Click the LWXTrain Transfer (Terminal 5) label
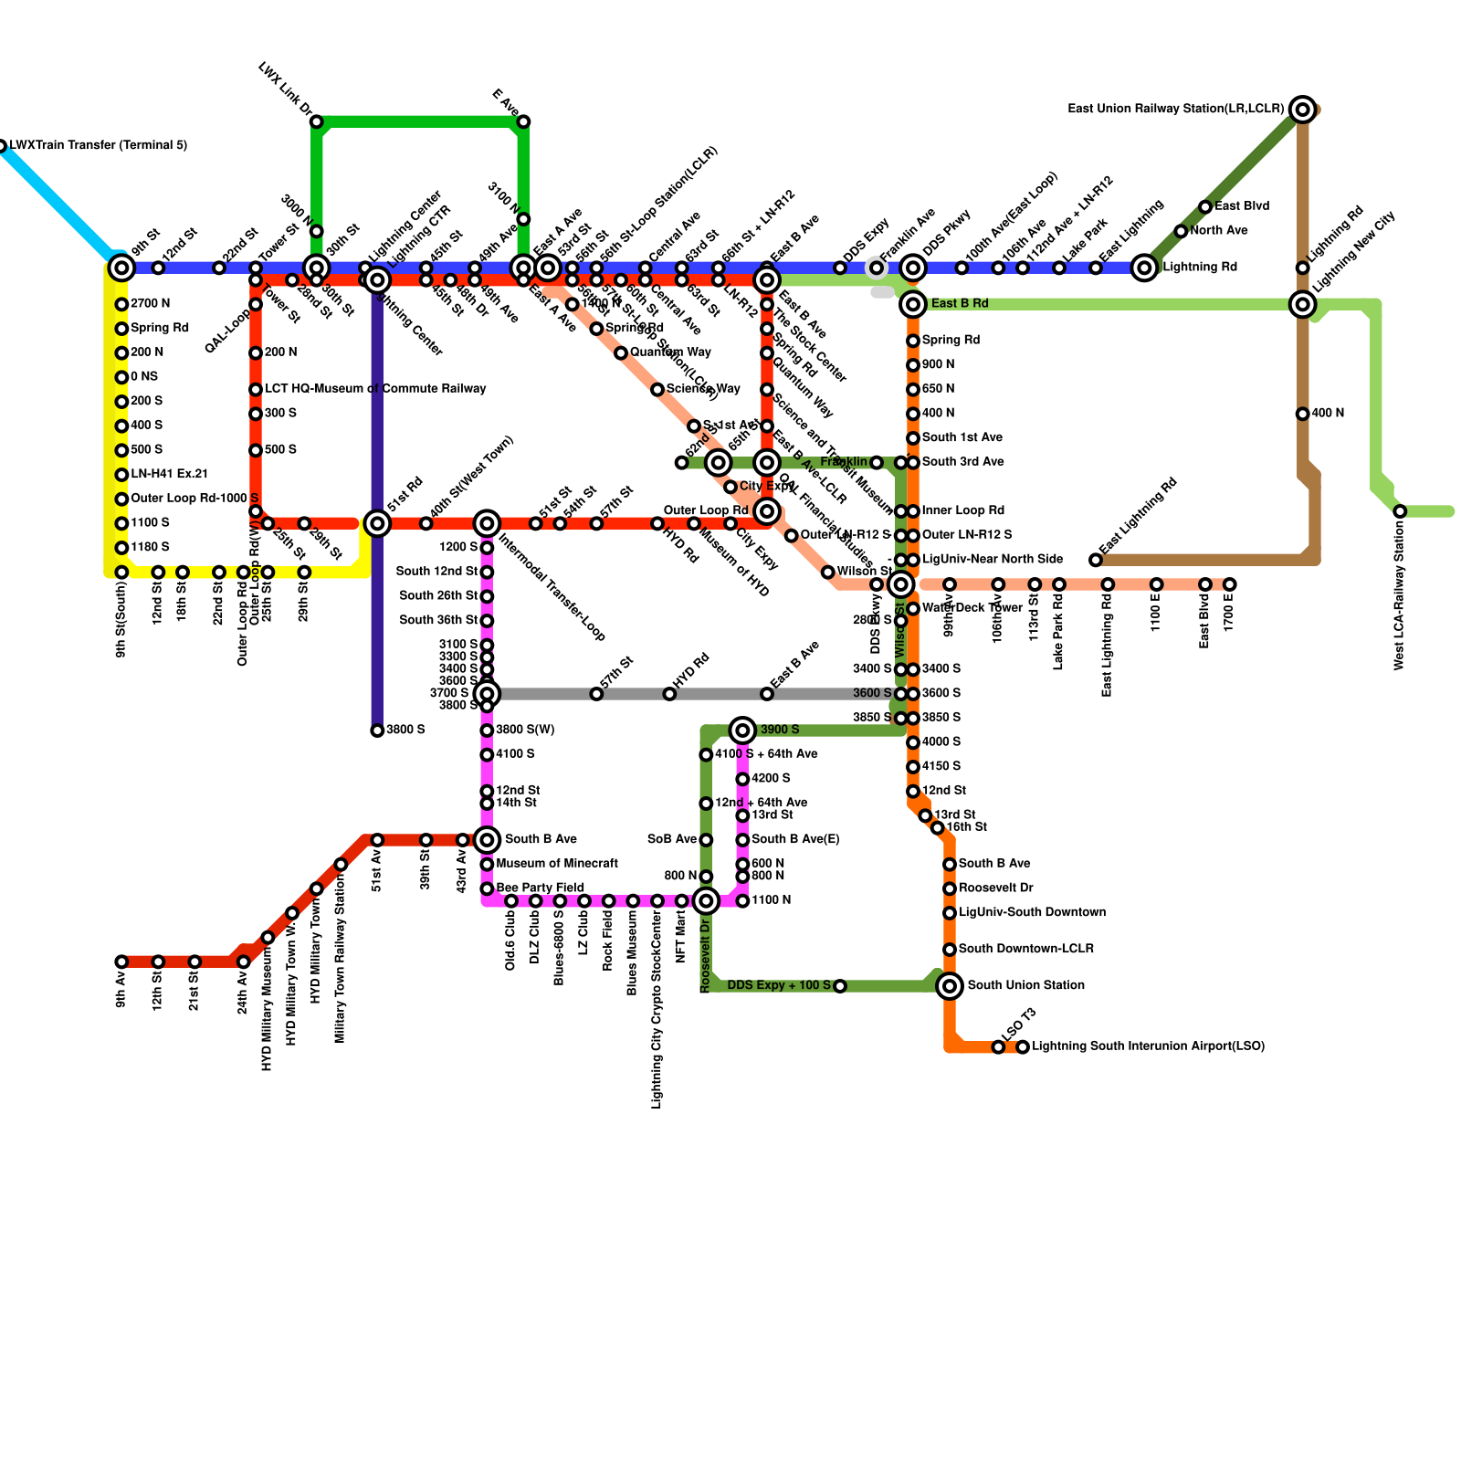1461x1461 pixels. [x=99, y=145]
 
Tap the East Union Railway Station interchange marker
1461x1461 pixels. [x=1303, y=110]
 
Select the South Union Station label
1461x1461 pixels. [x=1025, y=985]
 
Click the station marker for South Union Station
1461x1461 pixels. [x=950, y=985]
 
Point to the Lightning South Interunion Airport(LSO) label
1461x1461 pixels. [x=1148, y=1046]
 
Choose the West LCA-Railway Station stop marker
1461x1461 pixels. [x=1400, y=511]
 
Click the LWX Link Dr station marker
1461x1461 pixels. [x=316, y=121]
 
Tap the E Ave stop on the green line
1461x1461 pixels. [x=523, y=121]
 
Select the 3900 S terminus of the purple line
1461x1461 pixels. [x=377, y=730]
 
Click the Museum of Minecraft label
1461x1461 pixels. [x=557, y=864]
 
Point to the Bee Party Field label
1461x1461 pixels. [x=540, y=888]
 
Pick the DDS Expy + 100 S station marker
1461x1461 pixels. [x=840, y=986]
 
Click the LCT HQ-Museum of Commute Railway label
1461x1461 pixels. [x=375, y=389]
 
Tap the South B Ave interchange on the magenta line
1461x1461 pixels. [x=487, y=839]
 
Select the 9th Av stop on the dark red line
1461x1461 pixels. [x=121, y=962]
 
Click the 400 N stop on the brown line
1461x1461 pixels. [x=1302, y=414]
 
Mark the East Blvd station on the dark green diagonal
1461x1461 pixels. [x=1205, y=207]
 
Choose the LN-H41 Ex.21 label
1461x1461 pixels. [x=169, y=474]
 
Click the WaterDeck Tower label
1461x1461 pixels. [x=959, y=608]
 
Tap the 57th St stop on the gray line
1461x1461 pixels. [x=596, y=694]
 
